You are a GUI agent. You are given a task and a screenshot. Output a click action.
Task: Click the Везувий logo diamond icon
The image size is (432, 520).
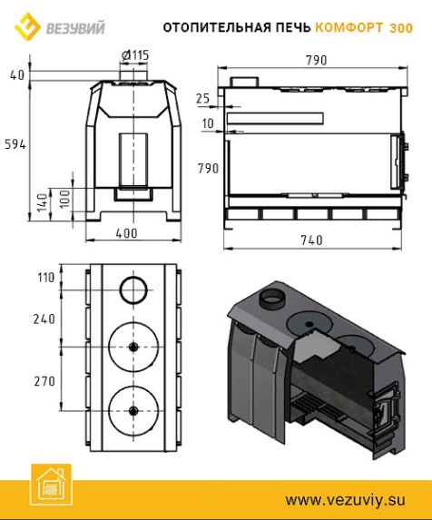pos(27,26)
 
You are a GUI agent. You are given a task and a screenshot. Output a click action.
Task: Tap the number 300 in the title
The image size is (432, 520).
pos(401,28)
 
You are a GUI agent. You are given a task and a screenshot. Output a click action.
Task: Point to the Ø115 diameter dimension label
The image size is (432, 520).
pos(135,55)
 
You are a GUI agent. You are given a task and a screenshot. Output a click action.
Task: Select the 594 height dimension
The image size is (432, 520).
pos(15,144)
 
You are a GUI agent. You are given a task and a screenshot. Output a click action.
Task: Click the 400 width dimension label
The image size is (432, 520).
pos(127,233)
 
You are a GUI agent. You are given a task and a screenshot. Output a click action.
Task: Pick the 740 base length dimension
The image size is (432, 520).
pos(311,240)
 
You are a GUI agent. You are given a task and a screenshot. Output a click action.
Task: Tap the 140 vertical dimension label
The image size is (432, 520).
pos(43,203)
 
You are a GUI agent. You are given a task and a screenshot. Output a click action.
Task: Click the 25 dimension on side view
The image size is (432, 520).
pos(203,99)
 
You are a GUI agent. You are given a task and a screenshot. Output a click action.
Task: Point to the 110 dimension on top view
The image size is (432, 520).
pos(46,278)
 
